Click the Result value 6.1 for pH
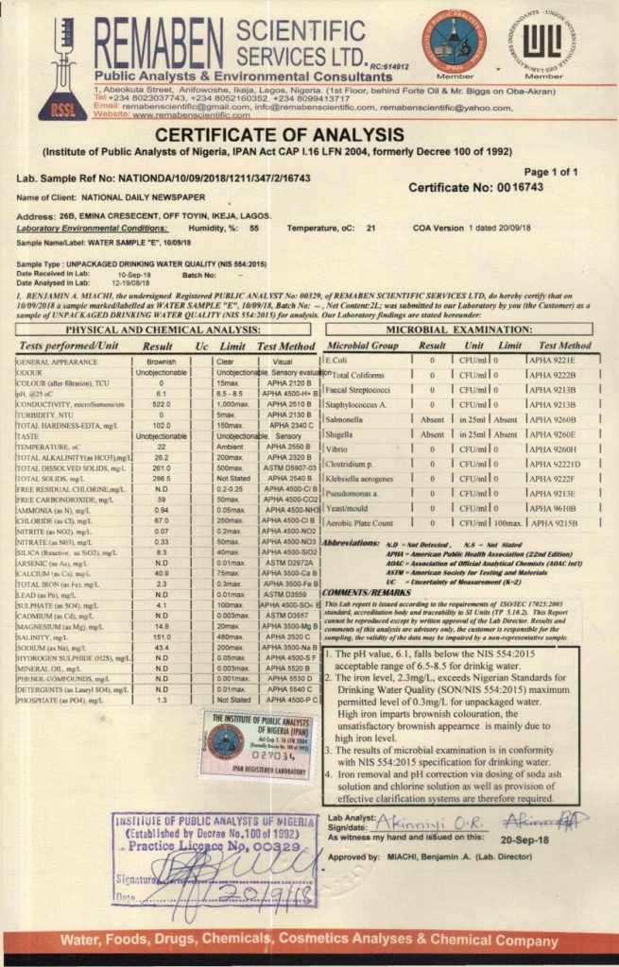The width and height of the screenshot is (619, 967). [162, 393]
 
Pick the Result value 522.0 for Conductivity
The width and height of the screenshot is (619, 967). [162, 403]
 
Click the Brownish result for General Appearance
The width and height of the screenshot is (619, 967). [162, 362]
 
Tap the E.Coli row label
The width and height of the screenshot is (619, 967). [338, 361]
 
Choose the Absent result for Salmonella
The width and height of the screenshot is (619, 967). [432, 418]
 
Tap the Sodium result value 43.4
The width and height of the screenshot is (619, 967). [162, 620]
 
